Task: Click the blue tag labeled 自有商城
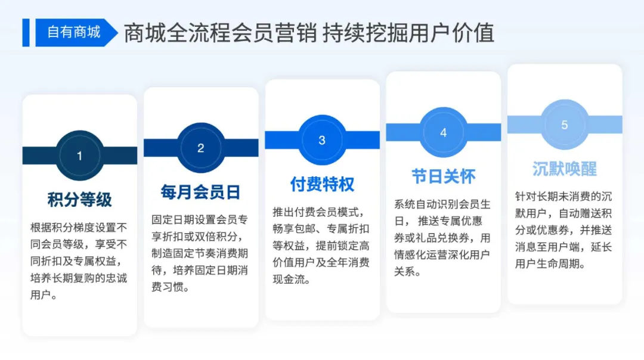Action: click(74, 32)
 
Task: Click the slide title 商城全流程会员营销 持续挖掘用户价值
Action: click(309, 33)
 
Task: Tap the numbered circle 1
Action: click(80, 156)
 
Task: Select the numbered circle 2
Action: click(201, 148)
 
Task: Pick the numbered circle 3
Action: click(322, 141)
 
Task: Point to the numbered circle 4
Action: click(443, 133)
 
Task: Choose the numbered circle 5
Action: click(564, 125)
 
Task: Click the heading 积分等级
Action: click(80, 199)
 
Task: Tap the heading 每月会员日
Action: click(201, 191)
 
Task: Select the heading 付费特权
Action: click(322, 184)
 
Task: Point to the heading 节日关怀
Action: click(443, 176)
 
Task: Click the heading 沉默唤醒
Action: click(564, 169)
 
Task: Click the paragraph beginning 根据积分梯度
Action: click(80, 260)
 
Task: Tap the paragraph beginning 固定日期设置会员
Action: click(201, 253)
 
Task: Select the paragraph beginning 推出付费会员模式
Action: click(322, 246)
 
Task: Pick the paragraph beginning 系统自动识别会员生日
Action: click(443, 238)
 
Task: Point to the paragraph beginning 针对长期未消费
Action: click(564, 229)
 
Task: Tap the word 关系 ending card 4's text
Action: click(405, 272)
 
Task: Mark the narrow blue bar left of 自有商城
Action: click(26, 32)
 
